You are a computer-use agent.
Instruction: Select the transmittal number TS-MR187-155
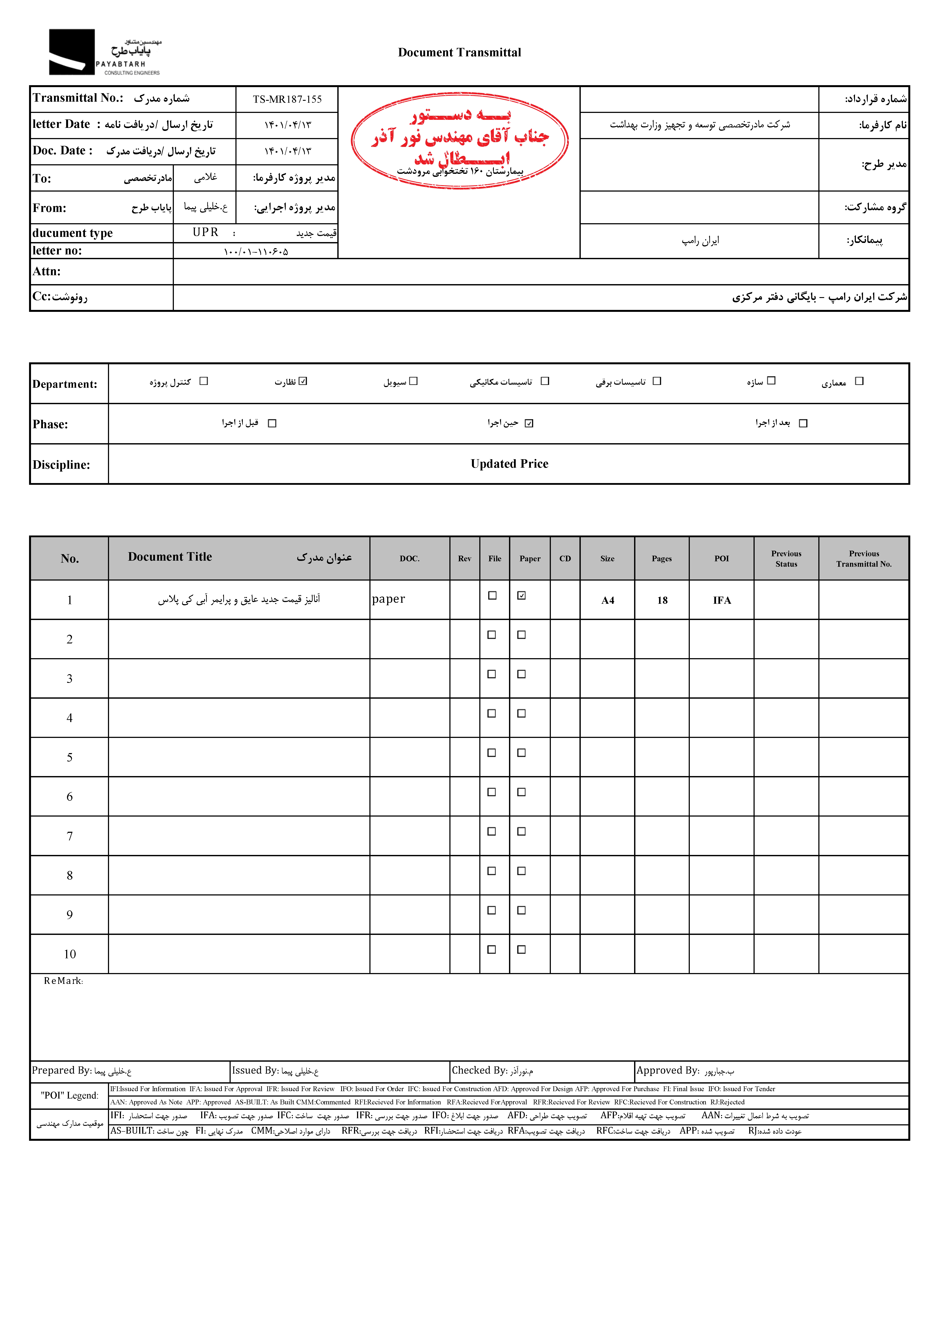coord(287,99)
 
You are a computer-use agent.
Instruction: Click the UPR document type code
coord(206,232)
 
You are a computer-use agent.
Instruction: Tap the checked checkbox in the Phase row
coord(529,423)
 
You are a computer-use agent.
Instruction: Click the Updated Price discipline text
coord(509,464)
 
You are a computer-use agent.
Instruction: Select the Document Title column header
coord(170,557)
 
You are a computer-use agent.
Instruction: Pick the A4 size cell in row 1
coord(607,600)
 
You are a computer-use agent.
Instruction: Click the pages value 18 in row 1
coord(662,600)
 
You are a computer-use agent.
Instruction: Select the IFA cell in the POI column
coord(722,600)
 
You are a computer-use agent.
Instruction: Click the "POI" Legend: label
coord(70,1095)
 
